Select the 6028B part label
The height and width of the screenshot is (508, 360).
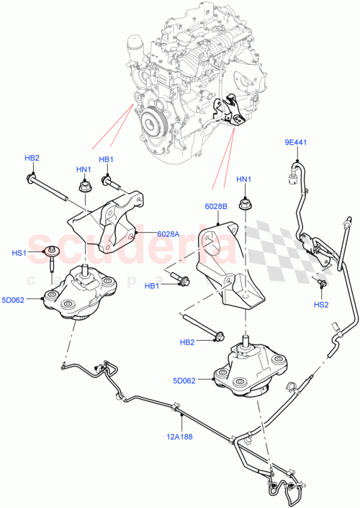[216, 206]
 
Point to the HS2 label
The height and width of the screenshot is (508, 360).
[321, 305]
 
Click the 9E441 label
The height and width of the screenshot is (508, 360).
[295, 143]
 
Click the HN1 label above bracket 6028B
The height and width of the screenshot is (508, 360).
[245, 179]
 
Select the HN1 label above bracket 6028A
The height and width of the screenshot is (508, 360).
[84, 169]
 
